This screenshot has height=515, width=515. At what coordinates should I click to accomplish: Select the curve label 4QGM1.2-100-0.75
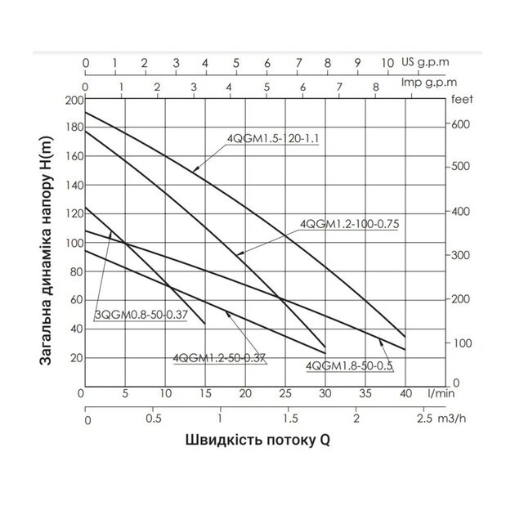tap(354, 222)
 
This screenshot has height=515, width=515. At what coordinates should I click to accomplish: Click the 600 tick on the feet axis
tap(460, 125)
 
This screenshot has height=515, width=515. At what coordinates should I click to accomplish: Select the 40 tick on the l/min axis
tap(405, 393)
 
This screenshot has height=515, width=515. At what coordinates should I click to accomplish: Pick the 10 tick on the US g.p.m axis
tap(388, 62)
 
